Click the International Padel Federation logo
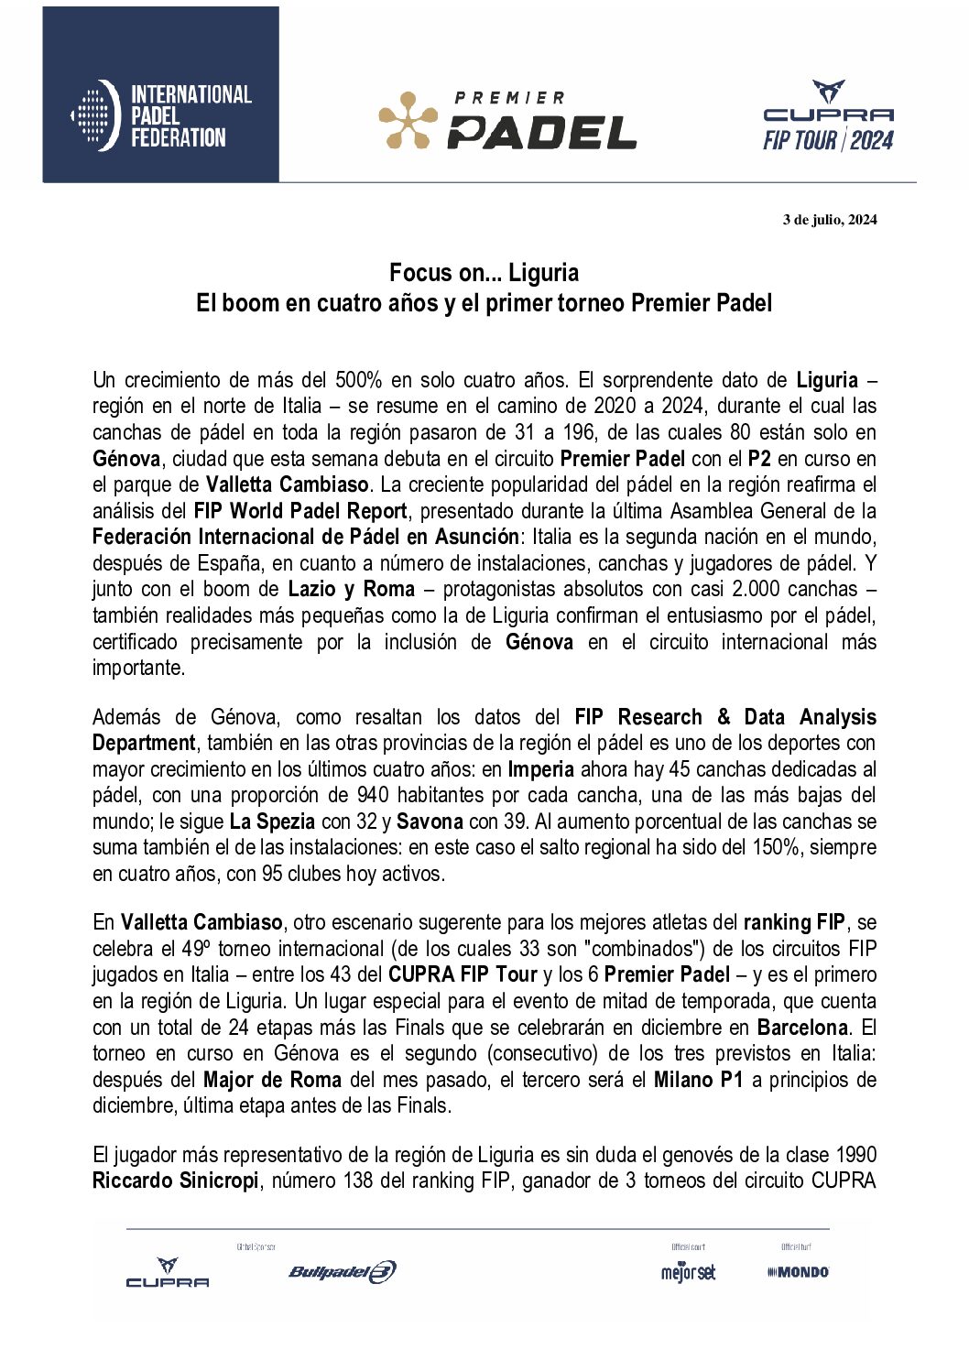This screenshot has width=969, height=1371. [161, 115]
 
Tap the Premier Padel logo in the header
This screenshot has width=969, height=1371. [508, 121]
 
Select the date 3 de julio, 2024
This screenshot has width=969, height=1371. [829, 219]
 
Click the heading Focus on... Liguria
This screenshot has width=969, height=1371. [484, 272]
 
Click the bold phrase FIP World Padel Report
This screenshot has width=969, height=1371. [300, 511]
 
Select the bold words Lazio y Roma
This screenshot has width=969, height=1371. [352, 589]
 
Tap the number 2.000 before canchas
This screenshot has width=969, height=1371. [750, 589]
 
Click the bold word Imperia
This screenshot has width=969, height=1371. [541, 769]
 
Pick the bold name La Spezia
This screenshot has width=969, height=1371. [273, 822]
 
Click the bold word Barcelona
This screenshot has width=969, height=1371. [802, 1028]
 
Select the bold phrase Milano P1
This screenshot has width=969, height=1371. [698, 1080]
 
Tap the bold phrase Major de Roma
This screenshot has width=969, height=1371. [272, 1080]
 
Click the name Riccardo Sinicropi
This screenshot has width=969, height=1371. [176, 1181]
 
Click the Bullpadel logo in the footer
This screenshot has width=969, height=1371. [343, 1271]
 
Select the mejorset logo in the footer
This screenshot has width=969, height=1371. [688, 1271]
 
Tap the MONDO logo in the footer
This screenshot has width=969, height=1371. [798, 1271]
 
